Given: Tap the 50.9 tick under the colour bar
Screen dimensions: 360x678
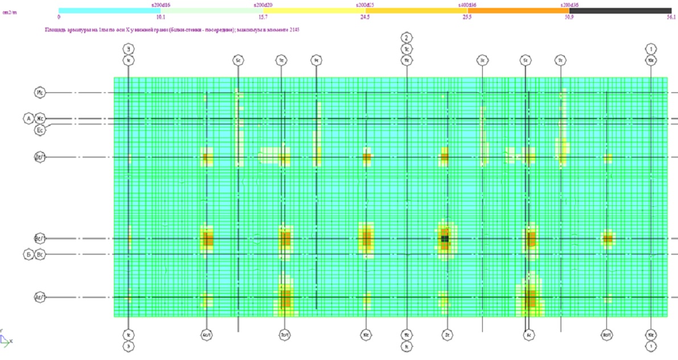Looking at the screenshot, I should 569,17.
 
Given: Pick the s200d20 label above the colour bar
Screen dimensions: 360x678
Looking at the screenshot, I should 263,5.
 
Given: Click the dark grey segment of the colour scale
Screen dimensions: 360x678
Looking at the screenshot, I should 621,11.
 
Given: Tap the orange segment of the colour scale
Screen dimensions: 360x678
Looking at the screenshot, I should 518,11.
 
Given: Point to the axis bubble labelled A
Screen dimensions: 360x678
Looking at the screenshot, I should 28,118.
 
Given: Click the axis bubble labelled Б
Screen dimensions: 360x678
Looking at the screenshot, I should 28,254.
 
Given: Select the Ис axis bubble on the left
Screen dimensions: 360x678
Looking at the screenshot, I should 39,92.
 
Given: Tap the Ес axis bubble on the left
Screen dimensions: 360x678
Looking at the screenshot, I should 39,130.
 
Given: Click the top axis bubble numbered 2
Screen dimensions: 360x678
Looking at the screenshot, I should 406,38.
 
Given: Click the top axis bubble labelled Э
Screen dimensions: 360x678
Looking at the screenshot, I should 129,49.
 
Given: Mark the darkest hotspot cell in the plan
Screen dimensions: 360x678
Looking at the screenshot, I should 445,239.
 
